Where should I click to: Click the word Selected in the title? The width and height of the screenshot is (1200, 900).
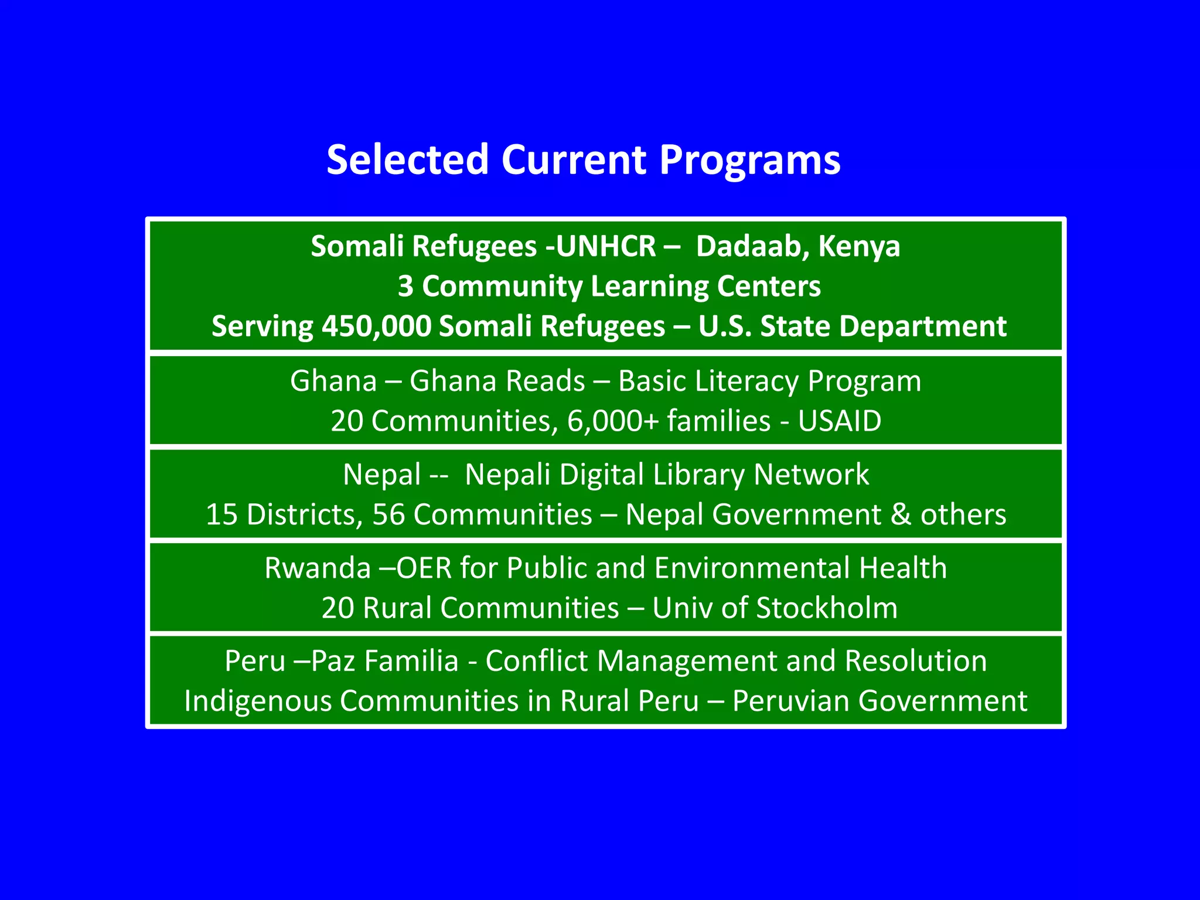tap(407, 159)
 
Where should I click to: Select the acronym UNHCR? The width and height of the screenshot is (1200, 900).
tap(606, 246)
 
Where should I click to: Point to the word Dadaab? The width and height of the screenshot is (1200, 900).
tap(752, 246)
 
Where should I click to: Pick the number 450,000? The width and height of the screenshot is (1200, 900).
tap(376, 326)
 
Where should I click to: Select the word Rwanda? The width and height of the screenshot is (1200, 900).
tap(317, 568)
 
